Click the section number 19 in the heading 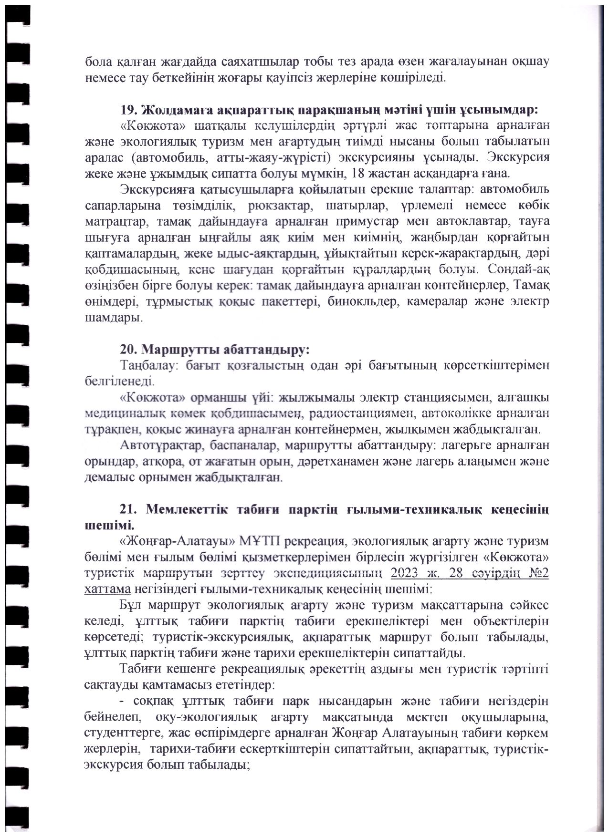click(127, 110)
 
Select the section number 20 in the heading click(127, 350)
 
